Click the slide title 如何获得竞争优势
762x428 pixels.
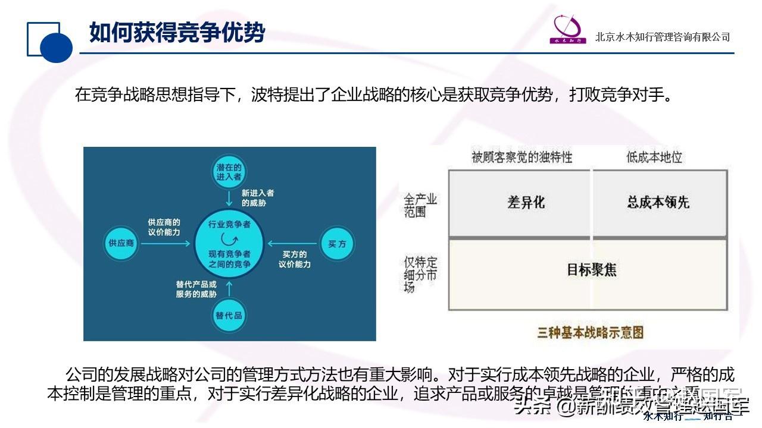coord(177,33)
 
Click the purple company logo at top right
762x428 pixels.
coord(569,30)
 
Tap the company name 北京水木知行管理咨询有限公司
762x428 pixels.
coord(662,37)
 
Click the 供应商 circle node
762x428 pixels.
coord(121,244)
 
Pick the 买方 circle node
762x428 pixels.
coord(337,243)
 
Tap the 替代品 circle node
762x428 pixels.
coord(229,315)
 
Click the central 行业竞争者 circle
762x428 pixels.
coord(229,243)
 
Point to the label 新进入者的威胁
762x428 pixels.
coord(258,199)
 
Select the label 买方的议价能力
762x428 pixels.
coord(294,259)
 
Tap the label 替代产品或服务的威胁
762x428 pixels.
coord(196,289)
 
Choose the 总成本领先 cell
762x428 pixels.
coord(658,203)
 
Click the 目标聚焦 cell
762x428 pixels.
coord(591,270)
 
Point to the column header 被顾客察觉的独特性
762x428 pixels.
coord(521,158)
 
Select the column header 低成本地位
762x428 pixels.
coord(654,158)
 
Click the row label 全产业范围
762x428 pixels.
coord(421,205)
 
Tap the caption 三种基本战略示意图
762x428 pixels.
coord(590,332)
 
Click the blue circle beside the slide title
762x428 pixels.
coord(56,47)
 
